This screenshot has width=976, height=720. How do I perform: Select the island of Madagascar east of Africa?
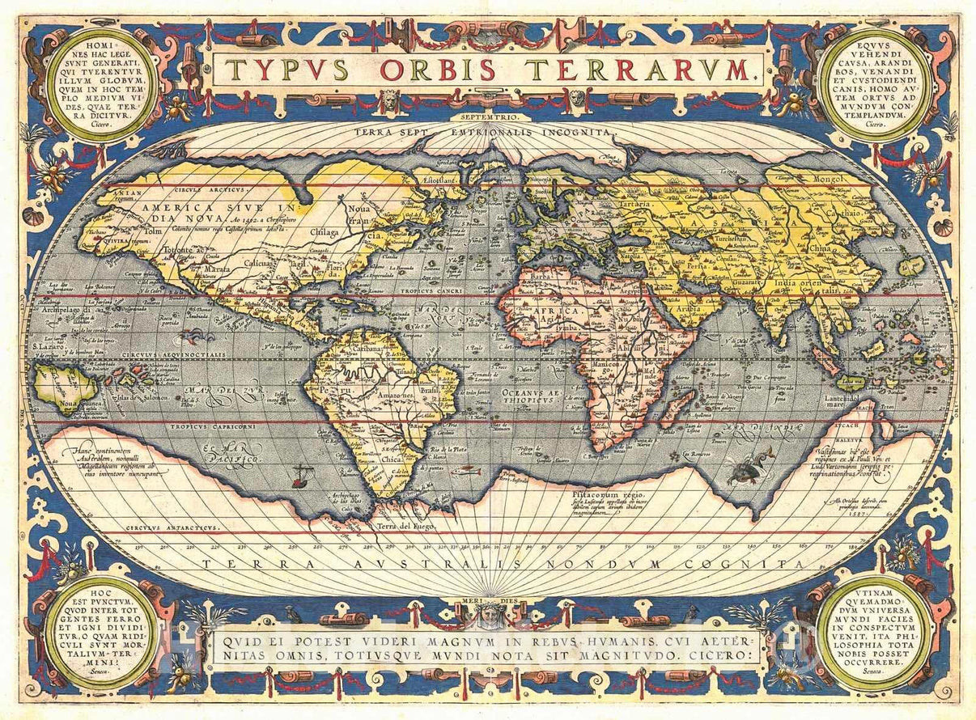click(x=677, y=408)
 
